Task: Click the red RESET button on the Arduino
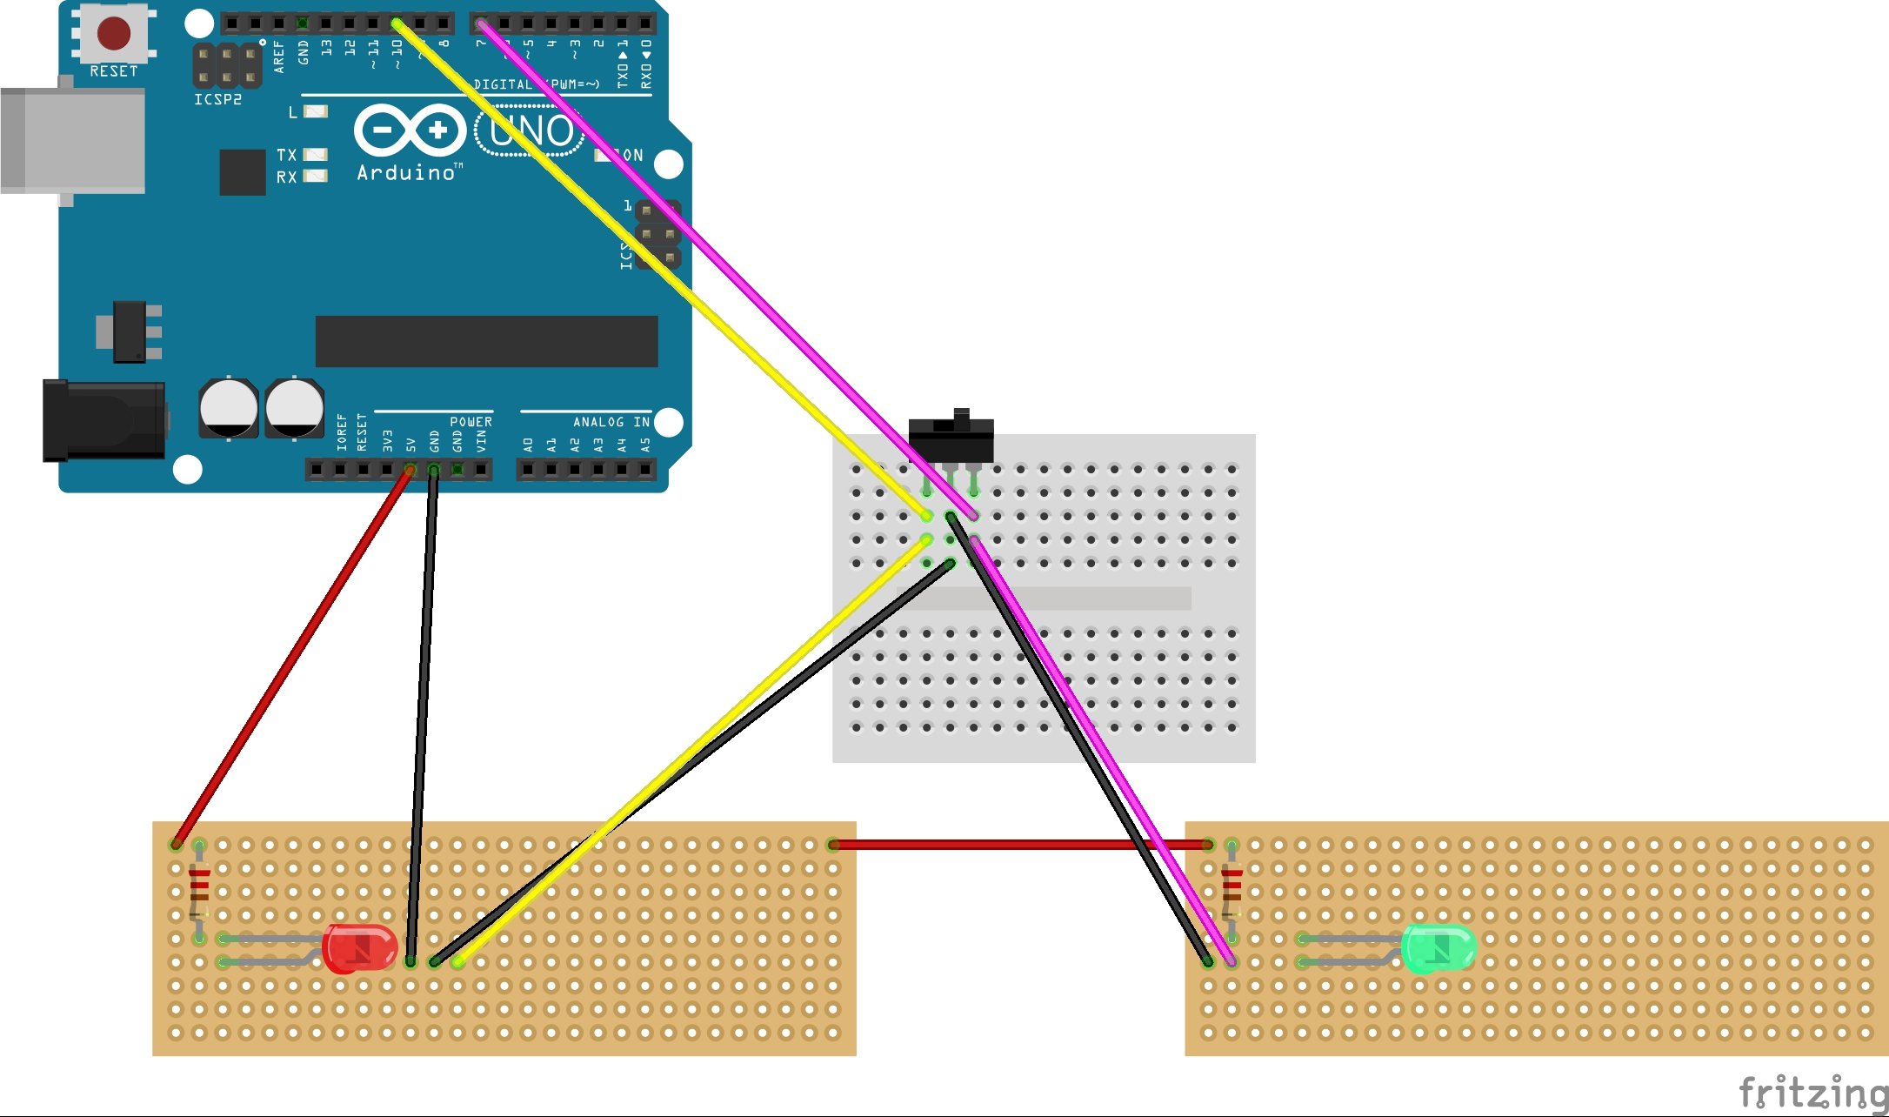coord(114,33)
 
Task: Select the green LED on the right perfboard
coord(1438,947)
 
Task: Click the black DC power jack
coord(103,420)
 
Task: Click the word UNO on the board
coord(531,131)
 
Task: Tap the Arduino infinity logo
coord(410,130)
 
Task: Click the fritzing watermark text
coord(1812,1092)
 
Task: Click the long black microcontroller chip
coord(486,341)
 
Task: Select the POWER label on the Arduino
coord(471,422)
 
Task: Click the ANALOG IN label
coord(611,422)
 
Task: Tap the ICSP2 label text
coord(217,99)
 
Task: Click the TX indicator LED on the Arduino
coord(315,155)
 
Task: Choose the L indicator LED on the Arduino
coord(315,111)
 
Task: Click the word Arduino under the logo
coord(406,173)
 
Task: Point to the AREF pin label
coord(279,57)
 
